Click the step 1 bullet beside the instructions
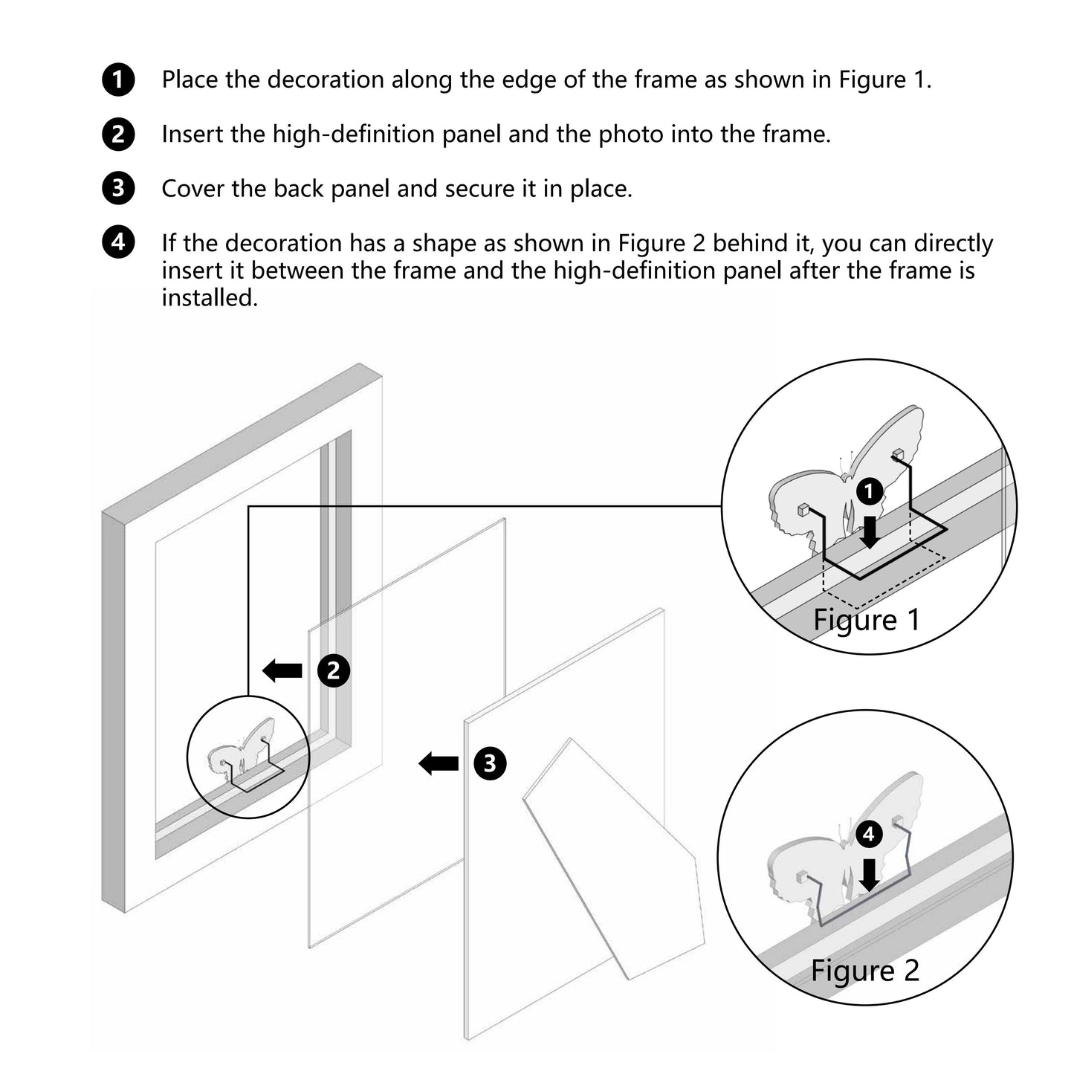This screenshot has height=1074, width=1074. (118, 80)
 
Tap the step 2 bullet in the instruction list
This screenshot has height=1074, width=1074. (118, 135)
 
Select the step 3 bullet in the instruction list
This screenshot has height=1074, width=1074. (118, 189)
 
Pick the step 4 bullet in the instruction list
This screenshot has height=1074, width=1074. (118, 243)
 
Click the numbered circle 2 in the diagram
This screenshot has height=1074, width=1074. (334, 671)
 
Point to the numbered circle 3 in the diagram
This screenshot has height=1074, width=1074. (490, 763)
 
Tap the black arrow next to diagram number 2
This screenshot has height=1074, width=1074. (283, 671)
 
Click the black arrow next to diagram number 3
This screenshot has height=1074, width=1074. (439, 763)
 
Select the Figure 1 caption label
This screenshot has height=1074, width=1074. (867, 620)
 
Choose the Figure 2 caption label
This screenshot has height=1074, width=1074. (865, 971)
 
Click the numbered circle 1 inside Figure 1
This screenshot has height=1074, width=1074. (869, 491)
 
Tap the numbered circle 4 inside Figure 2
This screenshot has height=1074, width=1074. (869, 835)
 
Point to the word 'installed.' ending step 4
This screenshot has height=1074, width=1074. (210, 298)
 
